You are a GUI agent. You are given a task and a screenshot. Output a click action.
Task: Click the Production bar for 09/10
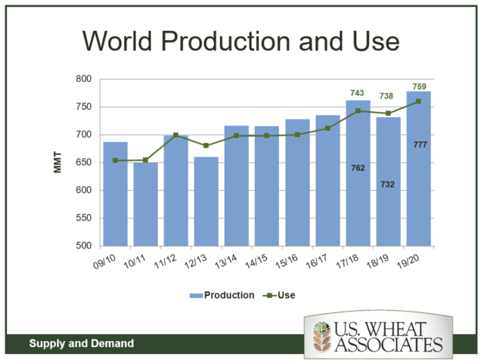click(115, 194)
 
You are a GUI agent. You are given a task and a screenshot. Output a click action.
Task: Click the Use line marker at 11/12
click(175, 135)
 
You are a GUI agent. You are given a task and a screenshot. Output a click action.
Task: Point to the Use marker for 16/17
click(327, 129)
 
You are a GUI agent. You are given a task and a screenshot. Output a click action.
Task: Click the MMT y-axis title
click(58, 163)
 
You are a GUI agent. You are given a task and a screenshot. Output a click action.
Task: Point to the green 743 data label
click(358, 93)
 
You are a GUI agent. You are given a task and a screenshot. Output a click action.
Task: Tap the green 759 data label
click(418, 85)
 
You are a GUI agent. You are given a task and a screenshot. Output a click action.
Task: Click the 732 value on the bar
click(388, 184)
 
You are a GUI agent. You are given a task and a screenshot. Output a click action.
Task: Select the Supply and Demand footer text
click(82, 343)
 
